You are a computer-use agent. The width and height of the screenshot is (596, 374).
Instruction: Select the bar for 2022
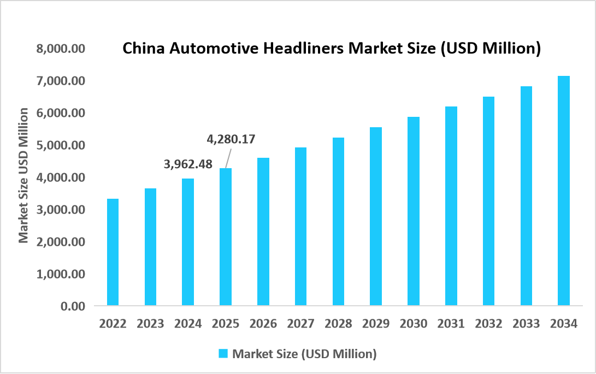(113, 252)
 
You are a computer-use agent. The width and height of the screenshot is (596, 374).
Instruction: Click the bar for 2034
(564, 191)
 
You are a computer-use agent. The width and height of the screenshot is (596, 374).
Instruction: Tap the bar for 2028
(338, 221)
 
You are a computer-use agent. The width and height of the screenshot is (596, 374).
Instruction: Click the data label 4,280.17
(231, 139)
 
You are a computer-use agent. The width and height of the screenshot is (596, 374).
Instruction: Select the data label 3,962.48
(188, 164)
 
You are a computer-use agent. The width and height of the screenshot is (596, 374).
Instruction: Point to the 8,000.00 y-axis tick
(61, 49)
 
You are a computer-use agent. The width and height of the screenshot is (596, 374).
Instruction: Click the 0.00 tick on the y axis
(73, 306)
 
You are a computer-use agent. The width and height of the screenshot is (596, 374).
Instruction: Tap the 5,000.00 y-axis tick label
(61, 145)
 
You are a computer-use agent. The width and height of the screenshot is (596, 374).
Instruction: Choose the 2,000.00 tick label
(61, 241)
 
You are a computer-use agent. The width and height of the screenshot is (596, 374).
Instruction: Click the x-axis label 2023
(150, 323)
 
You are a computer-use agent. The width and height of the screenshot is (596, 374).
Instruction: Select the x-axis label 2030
(414, 323)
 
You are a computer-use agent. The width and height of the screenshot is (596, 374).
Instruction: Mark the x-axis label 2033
(526, 323)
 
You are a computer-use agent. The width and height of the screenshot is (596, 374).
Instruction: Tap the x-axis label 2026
(263, 323)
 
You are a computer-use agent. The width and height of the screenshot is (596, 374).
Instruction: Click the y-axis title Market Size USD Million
(23, 175)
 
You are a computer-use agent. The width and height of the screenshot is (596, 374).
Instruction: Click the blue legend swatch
(223, 354)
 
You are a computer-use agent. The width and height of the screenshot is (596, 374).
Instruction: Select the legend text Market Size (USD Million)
(304, 354)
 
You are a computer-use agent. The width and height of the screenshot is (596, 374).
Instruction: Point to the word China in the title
(139, 49)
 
